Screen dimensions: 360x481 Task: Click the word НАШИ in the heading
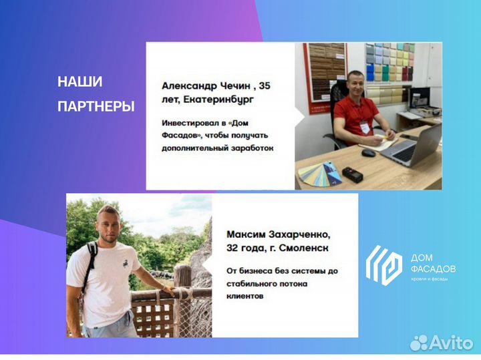pos(80,82)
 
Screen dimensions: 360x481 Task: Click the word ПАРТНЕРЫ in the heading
pos(96,106)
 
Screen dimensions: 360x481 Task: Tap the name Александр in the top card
pos(190,86)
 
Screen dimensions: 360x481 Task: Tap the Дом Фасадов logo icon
pos(383,264)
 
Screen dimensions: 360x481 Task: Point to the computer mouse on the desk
pos(368,152)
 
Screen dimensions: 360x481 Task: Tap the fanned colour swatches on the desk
pos(321,173)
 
